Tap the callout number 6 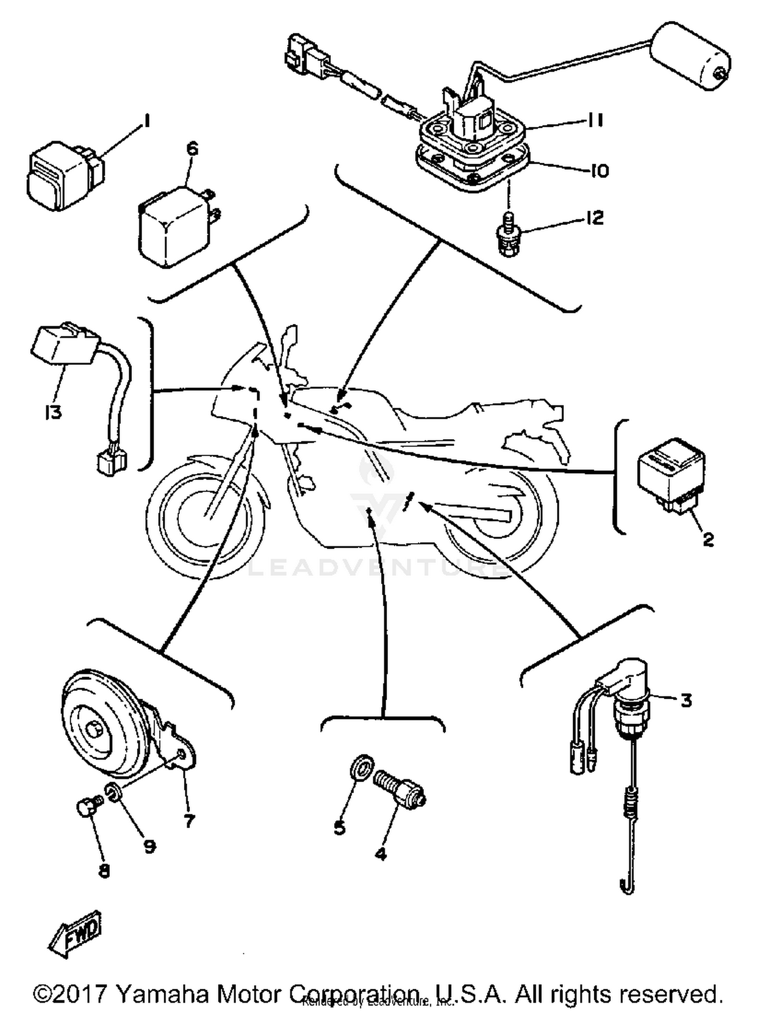pyautogui.click(x=193, y=149)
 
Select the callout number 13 pyautogui.click(x=53, y=412)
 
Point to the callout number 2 pyautogui.click(x=708, y=539)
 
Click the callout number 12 pyautogui.click(x=595, y=218)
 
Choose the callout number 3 pyautogui.click(x=686, y=701)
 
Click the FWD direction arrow pyautogui.click(x=76, y=933)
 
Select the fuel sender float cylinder pyautogui.click(x=690, y=56)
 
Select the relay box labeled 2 pyautogui.click(x=671, y=473)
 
